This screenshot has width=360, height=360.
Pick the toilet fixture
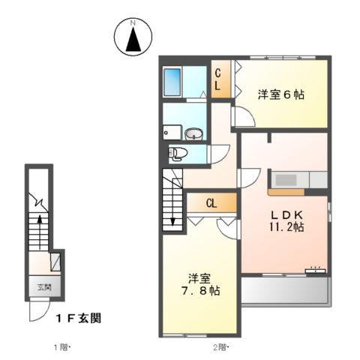[x=178, y=154]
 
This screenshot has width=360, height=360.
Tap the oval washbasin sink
[x=193, y=135]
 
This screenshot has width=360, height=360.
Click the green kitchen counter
[x=298, y=180]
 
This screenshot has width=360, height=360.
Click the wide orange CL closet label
[x=211, y=202]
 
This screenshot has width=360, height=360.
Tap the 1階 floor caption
[x=61, y=346]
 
